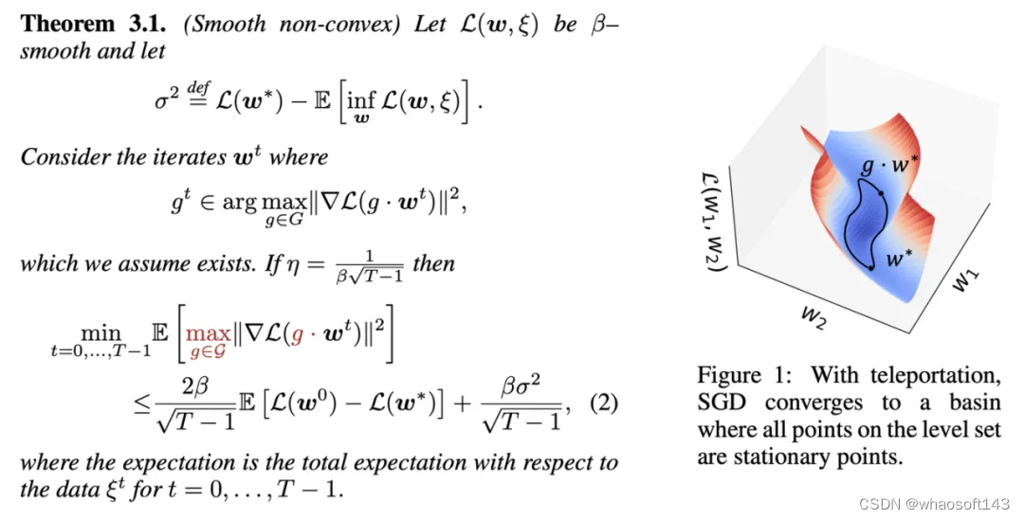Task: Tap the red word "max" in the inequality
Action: point(208,333)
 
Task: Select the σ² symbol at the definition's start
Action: point(167,99)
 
